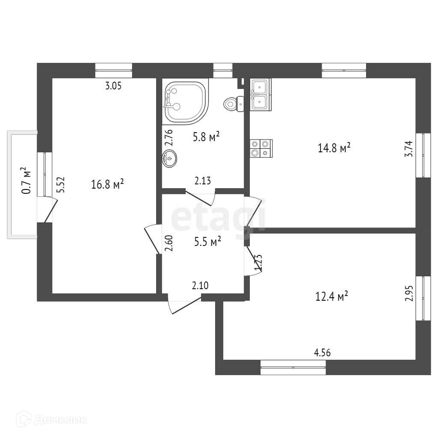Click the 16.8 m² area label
tap(107, 184)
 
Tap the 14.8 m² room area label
tap(334, 148)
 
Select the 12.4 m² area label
tap(331, 296)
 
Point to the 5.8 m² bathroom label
tap(206, 136)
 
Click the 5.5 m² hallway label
tap(207, 241)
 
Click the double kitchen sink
tap(260, 95)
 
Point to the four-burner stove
tap(260, 148)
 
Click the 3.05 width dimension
tap(114, 86)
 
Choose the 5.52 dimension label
tap(62, 186)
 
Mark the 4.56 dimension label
tap(323, 352)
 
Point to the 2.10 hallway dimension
tap(201, 286)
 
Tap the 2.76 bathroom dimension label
tap(169, 138)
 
